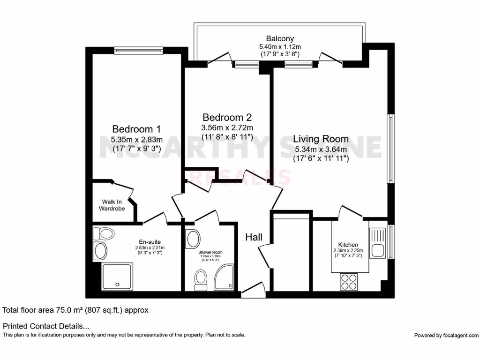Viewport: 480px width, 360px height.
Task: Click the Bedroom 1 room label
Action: (133, 129)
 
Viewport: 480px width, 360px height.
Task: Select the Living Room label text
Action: (321, 139)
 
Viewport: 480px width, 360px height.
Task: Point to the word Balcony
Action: (280, 38)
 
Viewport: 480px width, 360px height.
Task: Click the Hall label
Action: (254, 237)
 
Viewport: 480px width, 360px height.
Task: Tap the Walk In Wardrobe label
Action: (112, 205)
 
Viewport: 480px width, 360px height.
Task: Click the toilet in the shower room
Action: (201, 279)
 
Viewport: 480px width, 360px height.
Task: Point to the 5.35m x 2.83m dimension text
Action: (136, 140)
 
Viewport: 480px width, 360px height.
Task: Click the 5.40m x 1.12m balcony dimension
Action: (280, 46)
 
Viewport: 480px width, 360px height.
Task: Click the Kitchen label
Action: (348, 245)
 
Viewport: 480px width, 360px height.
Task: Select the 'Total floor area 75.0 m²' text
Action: (75, 310)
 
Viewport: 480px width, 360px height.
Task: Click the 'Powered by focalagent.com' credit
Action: (446, 335)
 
